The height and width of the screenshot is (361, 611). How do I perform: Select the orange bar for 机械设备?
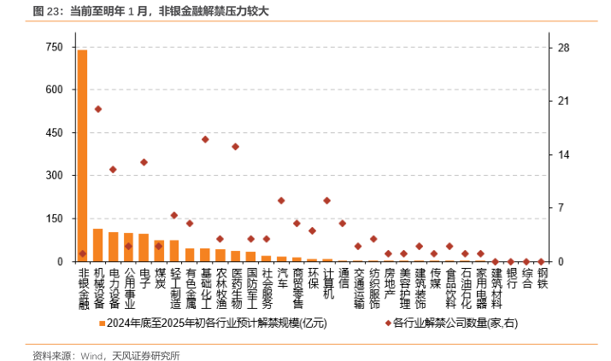coord(97,245)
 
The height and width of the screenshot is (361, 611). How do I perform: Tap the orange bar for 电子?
coord(144,247)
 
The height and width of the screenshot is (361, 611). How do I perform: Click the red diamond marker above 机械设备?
coord(97,109)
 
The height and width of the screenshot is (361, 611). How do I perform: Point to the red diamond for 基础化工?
coord(205,139)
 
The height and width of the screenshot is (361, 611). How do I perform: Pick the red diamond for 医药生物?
coord(236,147)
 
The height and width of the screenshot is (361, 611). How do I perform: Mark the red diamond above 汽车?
coord(281,201)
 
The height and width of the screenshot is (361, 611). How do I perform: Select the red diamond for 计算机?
coord(327,201)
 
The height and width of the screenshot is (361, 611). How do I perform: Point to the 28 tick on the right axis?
coord(563,47)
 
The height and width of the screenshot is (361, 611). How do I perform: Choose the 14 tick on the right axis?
coord(563,154)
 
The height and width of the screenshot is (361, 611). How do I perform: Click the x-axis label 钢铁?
coord(542,279)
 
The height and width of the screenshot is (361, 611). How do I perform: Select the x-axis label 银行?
coord(511,279)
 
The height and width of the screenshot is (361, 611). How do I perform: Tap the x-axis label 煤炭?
coord(159,279)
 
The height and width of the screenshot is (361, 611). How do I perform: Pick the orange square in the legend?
coord(103,323)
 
